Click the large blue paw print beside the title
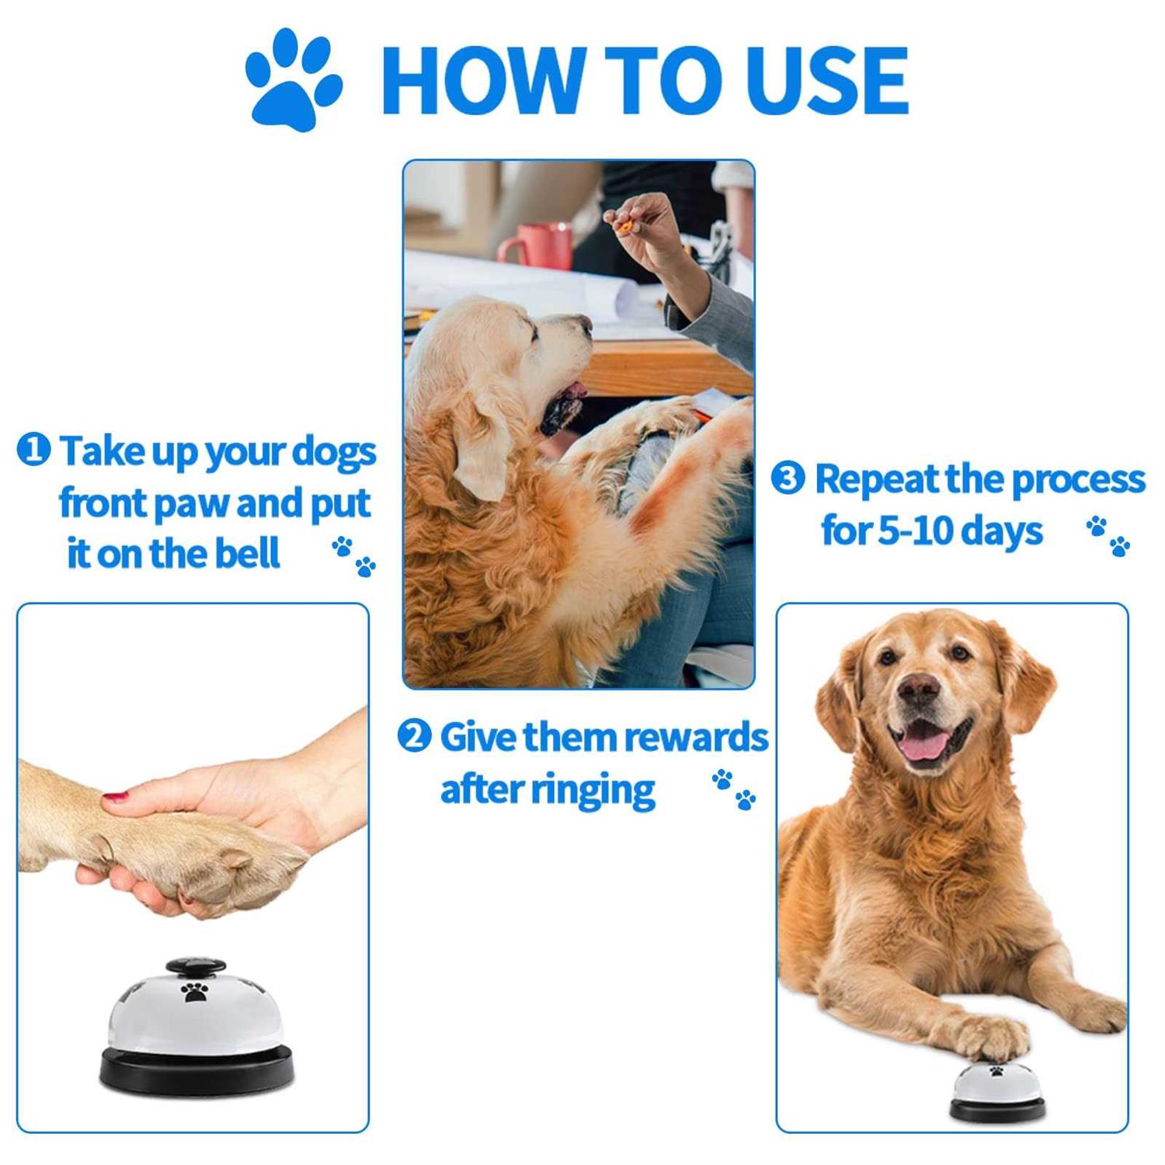point(293,80)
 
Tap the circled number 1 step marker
point(33,450)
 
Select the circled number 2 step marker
point(414,736)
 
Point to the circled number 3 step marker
point(788,478)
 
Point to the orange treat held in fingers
point(624,226)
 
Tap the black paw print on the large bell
point(193,991)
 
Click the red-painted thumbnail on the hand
point(116,797)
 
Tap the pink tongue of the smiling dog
point(926,744)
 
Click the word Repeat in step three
point(875,480)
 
